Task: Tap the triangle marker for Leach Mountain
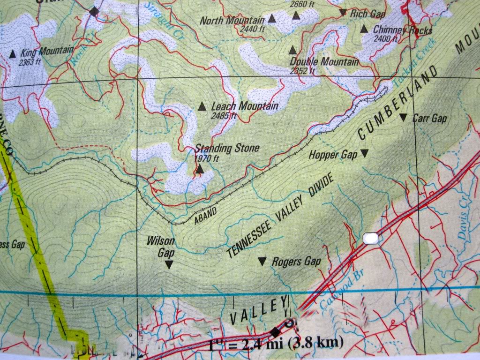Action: tap(202, 106)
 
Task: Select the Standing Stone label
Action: tap(227, 149)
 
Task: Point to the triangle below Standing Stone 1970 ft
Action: tap(200, 169)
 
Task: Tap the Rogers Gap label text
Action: tap(296, 261)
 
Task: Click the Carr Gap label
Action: tap(429, 119)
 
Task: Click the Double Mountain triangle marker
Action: tap(293, 50)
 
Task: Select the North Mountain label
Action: tap(232, 21)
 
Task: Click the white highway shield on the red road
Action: tap(371, 239)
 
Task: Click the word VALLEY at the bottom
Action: tap(258, 311)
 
